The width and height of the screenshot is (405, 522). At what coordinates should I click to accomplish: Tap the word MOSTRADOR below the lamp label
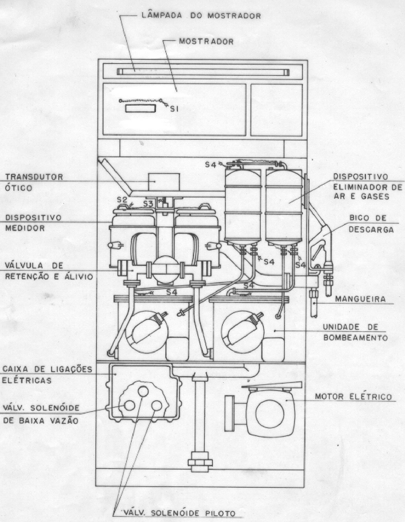(206, 41)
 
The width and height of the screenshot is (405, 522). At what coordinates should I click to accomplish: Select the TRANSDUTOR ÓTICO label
(34, 182)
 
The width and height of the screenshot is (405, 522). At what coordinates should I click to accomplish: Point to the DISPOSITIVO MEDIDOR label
(33, 223)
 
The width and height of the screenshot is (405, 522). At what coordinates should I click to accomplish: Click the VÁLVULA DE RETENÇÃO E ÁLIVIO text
(49, 271)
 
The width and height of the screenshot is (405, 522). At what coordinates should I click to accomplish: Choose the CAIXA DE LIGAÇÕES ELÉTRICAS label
(47, 375)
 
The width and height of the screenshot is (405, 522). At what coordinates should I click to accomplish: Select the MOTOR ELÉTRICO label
(353, 396)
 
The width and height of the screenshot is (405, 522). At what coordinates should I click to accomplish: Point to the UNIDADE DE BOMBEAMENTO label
(355, 332)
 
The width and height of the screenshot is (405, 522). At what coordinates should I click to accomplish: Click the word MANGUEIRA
(360, 299)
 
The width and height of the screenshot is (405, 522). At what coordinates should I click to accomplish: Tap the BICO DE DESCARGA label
(371, 224)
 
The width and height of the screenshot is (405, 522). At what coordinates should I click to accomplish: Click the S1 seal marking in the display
(174, 109)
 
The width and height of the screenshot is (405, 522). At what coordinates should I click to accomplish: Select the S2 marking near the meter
(122, 199)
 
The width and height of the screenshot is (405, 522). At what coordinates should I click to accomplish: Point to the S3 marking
(148, 204)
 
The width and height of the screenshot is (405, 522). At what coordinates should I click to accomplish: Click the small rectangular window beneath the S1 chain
(140, 109)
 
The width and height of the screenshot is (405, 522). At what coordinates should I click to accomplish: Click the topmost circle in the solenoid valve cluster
(143, 391)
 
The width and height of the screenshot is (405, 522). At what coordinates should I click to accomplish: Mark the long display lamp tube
(203, 72)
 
